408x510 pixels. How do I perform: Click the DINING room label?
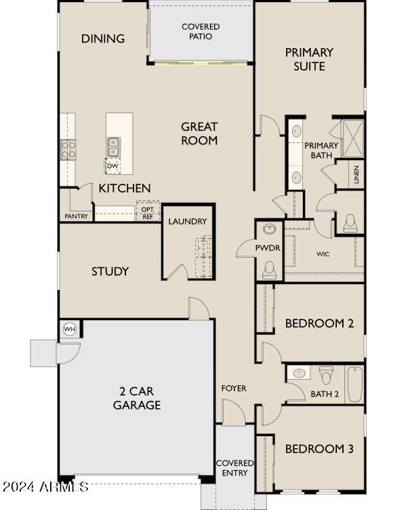103,39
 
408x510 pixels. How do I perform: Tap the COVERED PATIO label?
201,31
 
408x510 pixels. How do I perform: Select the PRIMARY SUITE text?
309,59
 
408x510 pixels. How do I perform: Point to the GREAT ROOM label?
199,134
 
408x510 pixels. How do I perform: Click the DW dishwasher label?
113,166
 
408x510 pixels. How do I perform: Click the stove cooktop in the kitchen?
68,149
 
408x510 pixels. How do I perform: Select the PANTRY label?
77,216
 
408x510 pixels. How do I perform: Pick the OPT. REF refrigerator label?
147,213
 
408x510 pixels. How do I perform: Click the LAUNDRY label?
187,222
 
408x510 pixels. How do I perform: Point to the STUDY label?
110,271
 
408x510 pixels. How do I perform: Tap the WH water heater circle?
68,329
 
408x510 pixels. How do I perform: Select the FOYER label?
234,389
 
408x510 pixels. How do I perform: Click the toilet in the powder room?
270,270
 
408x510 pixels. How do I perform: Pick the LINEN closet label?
356,176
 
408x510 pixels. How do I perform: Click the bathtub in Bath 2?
355,385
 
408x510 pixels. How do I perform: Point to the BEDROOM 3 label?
319,449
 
